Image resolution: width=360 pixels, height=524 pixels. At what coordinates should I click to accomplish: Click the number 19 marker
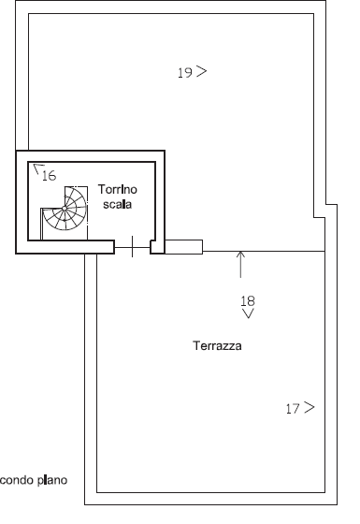185,73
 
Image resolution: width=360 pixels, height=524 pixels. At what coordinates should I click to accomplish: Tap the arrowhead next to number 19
202,71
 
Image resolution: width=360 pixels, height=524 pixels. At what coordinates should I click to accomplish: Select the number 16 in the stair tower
49,176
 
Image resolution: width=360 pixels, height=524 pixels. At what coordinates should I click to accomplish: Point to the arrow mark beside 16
38,168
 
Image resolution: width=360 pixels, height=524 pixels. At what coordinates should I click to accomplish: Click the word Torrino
118,189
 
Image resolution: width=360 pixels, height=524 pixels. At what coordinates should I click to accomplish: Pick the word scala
117,204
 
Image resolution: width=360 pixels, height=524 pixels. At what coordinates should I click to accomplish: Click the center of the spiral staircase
65,209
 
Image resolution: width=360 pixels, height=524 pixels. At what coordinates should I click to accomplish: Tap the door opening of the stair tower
132,247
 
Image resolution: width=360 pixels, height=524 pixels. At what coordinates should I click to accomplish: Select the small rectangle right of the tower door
183,247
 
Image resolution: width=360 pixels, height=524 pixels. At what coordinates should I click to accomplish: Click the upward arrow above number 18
240,264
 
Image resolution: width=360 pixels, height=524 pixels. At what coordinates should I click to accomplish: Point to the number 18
248,301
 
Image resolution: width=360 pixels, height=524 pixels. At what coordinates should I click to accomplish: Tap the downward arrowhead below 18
248,313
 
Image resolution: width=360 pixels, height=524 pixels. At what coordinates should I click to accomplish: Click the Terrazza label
217,345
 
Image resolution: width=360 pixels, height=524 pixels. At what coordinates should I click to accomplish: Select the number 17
293,409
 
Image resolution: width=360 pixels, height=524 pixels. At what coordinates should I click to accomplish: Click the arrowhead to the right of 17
310,407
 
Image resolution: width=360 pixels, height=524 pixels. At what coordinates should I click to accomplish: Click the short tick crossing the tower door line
132,247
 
